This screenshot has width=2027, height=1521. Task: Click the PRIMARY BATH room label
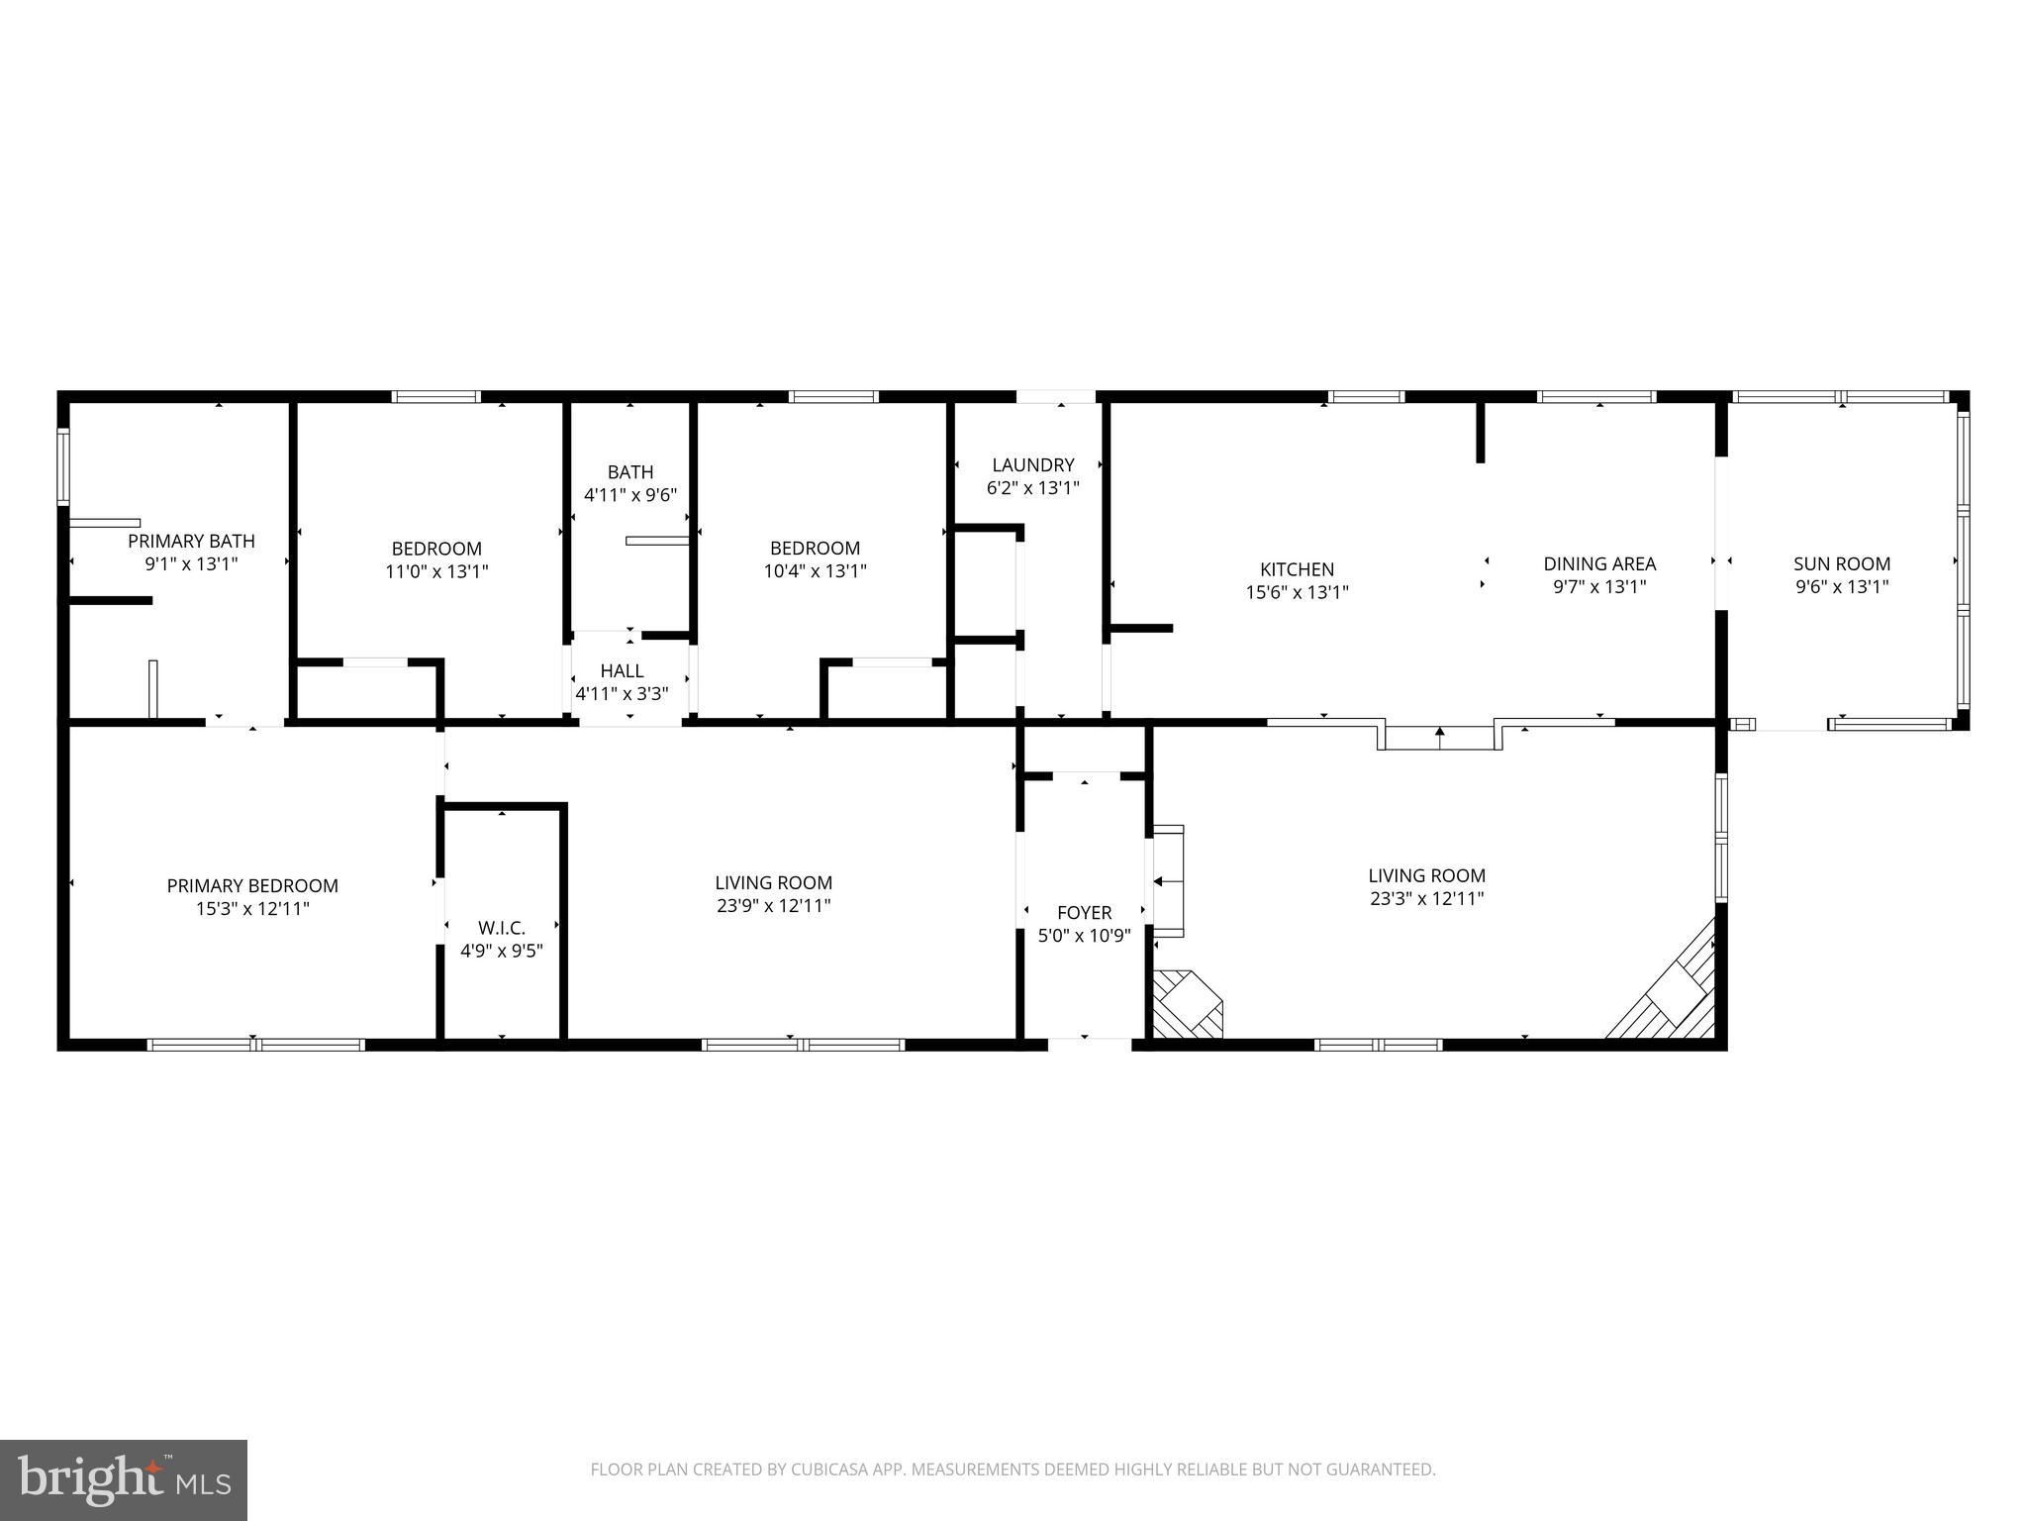(191, 542)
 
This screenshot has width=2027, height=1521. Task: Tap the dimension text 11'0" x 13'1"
(436, 571)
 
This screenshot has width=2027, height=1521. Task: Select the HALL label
(622, 671)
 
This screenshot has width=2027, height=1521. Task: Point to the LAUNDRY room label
(1033, 465)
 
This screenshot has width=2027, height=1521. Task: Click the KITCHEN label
(1297, 569)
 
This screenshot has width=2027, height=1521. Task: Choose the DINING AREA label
(1599, 564)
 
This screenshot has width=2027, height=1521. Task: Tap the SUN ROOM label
(1842, 564)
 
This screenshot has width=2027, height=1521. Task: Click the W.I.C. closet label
(502, 928)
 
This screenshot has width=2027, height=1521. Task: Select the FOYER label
(1084, 913)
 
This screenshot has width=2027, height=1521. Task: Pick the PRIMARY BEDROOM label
(252, 886)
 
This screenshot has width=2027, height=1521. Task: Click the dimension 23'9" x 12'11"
(774, 905)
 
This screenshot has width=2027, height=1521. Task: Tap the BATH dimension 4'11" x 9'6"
(630, 495)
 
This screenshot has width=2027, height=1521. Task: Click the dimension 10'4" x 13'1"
(816, 571)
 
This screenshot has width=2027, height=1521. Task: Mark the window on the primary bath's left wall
(63, 465)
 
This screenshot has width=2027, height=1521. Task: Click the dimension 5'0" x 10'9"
(1084, 936)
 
